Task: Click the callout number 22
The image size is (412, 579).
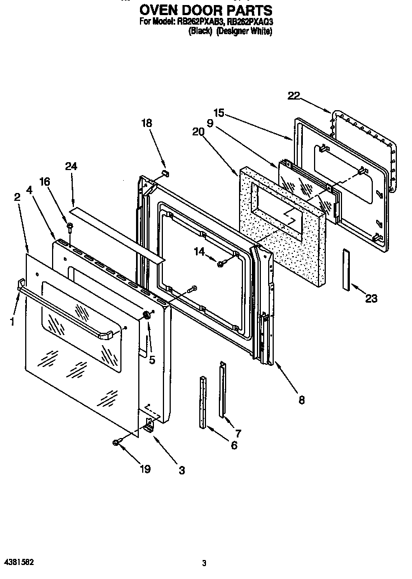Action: coord(294,96)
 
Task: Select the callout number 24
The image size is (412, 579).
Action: coord(71,166)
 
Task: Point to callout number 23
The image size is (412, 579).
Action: coord(371,299)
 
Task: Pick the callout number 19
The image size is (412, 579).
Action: coord(145,469)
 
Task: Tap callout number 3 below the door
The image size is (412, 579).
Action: coord(181,470)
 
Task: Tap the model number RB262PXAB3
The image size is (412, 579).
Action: coord(206,22)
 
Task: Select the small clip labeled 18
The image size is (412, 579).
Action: coord(165,173)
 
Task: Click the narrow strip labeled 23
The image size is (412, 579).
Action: coord(345,269)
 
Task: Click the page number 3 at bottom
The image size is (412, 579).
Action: coord(205,563)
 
